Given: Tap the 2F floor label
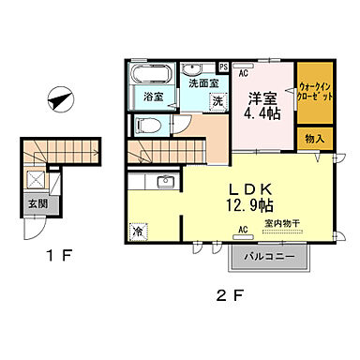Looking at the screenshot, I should pos(230,295).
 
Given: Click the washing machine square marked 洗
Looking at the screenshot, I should pos(217,100).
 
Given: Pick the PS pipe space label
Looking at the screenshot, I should pos(223,67).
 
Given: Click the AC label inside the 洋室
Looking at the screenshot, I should pos(243,73).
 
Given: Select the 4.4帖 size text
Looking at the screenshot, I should pos(263,114).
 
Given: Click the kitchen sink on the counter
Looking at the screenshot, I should pos(165,181).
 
